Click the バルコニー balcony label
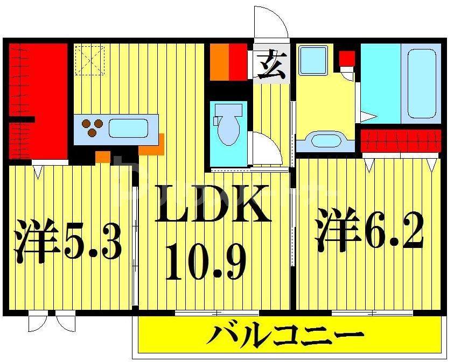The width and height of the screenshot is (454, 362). [x=285, y=337]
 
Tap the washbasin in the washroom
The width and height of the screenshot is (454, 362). [x=325, y=141]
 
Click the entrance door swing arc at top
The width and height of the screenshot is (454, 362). [x=271, y=22]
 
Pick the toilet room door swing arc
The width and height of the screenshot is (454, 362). [x=268, y=146]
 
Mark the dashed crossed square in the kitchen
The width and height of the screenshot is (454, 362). [x=89, y=60]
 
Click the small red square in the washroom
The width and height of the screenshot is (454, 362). [x=346, y=57]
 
